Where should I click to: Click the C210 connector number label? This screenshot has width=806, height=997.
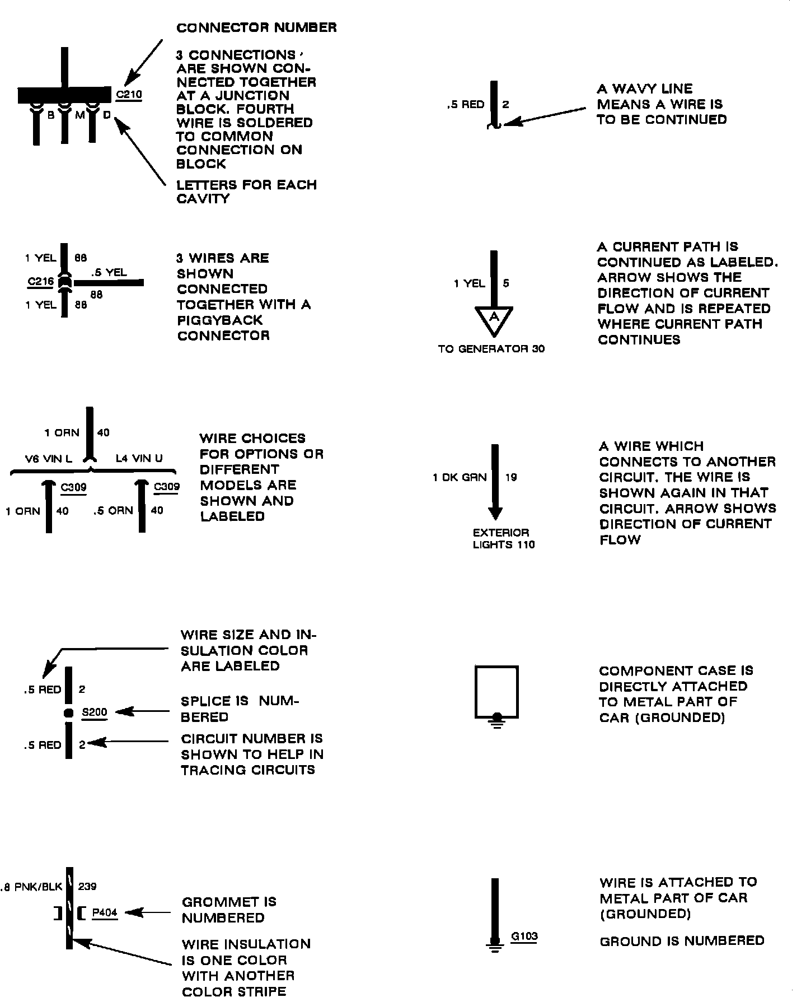pyautogui.click(x=129, y=95)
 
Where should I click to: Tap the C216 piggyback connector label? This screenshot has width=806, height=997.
pyautogui.click(x=40, y=281)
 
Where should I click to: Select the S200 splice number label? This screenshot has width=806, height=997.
pyautogui.click(x=94, y=712)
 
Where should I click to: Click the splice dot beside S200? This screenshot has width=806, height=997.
pyautogui.click(x=69, y=713)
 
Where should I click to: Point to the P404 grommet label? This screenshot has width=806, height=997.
pyautogui.click(x=105, y=913)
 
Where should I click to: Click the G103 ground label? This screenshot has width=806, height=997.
pyautogui.click(x=524, y=936)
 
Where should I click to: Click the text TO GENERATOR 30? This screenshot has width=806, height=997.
pyautogui.click(x=491, y=349)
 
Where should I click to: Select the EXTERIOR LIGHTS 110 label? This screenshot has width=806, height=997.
pyautogui.click(x=503, y=539)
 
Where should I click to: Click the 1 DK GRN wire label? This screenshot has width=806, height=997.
pyautogui.click(x=460, y=478)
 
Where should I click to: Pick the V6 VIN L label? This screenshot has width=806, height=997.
pyautogui.click(x=49, y=459)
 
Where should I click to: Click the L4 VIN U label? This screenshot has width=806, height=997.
pyautogui.click(x=139, y=459)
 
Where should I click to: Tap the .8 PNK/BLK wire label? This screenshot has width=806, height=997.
pyautogui.click(x=31, y=887)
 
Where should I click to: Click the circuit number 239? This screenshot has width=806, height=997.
pyautogui.click(x=87, y=887)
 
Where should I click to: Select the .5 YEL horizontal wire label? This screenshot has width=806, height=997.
pyautogui.click(x=109, y=273)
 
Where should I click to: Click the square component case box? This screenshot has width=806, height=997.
pyautogui.click(x=496, y=691)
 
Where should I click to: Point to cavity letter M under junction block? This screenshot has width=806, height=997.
pyautogui.click(x=79, y=115)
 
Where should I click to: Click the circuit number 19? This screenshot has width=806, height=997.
pyautogui.click(x=510, y=478)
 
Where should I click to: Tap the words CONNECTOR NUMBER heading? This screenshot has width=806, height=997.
pyautogui.click(x=256, y=27)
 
